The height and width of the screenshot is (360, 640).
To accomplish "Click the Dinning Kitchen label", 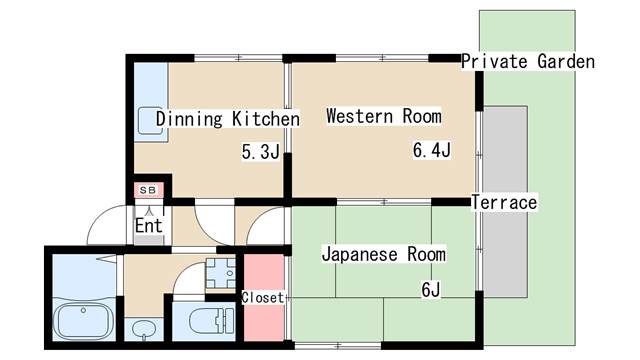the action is click(x=228, y=119).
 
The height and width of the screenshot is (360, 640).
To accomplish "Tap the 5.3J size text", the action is click(x=260, y=152).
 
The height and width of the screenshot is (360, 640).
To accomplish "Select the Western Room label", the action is click(x=384, y=116).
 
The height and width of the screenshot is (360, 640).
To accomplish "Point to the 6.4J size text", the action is click(x=432, y=150).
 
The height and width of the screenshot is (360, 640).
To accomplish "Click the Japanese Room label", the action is click(x=384, y=254).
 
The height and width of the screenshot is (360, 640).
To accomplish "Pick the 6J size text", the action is click(x=431, y=290).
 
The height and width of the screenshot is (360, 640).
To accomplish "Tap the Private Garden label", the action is click(x=528, y=62).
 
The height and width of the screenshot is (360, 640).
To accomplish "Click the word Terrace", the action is click(x=504, y=202).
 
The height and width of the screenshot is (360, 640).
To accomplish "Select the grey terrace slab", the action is click(x=505, y=202).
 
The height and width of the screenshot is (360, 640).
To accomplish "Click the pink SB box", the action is click(x=149, y=190).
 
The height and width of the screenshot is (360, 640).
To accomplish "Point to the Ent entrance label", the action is click(x=149, y=225).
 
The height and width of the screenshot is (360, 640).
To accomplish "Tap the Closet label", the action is click(x=262, y=298).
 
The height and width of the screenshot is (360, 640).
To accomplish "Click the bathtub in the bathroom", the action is click(x=84, y=321).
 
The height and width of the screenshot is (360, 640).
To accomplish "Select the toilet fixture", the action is click(x=212, y=321).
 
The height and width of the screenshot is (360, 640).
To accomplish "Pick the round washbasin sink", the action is click(x=144, y=328).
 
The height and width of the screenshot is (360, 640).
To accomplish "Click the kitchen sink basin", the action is click(x=151, y=120).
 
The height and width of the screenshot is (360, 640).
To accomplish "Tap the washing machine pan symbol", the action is click(x=220, y=273).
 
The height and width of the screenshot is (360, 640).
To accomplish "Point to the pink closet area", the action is click(x=264, y=298).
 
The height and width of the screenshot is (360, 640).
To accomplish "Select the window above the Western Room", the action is click(x=382, y=58).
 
